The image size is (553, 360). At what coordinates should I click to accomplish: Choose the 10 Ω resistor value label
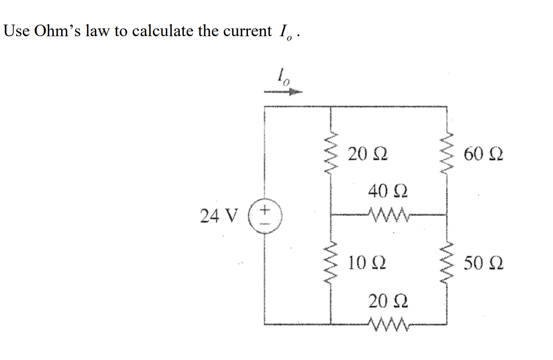click(367, 262)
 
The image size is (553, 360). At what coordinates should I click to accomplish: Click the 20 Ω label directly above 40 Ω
click(367, 154)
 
